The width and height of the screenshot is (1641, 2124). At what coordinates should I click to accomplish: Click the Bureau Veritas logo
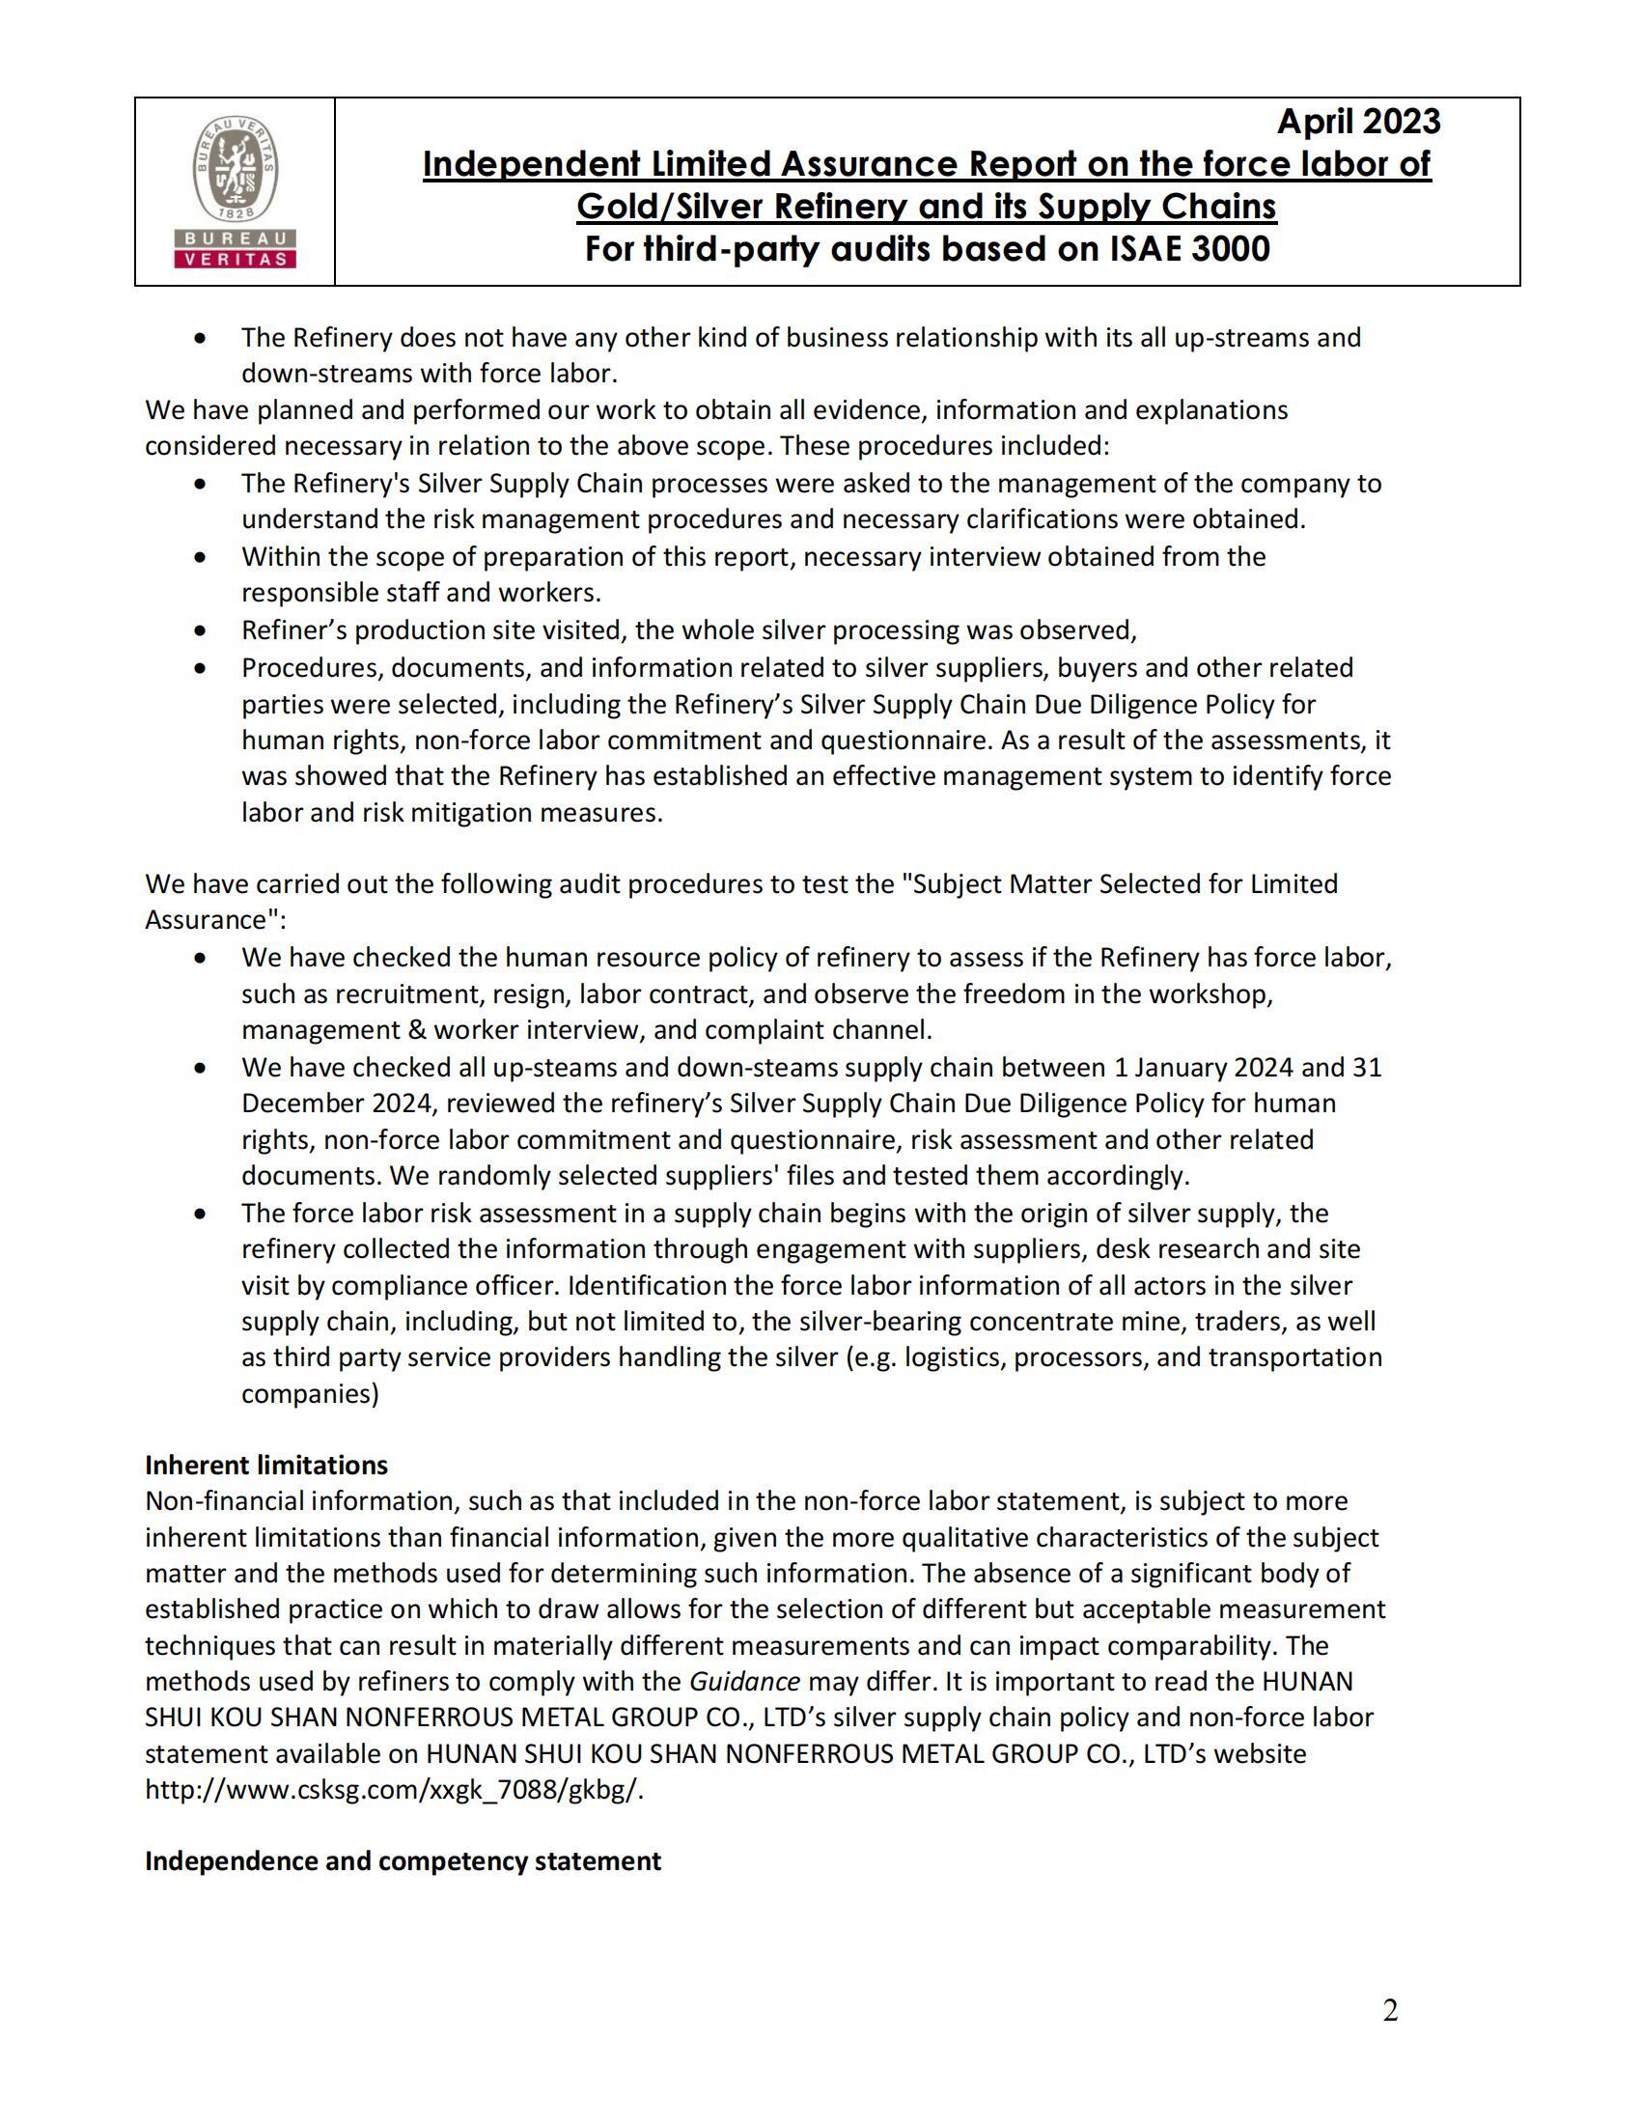pos(234,191)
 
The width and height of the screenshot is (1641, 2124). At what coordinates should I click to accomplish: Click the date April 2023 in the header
pos(1358,122)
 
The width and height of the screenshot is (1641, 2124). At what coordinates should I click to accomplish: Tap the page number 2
pos(1390,2010)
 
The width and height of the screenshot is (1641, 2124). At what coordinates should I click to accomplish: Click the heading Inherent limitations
pos(266,1465)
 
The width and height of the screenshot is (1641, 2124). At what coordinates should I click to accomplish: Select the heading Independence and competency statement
pos(403,1860)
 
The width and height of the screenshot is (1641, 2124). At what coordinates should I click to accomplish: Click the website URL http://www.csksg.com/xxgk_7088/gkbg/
pos(394,1789)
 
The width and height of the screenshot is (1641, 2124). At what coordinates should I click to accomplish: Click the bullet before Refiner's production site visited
pos(200,630)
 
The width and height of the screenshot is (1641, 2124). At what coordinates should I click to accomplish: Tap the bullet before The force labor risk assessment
pos(200,1213)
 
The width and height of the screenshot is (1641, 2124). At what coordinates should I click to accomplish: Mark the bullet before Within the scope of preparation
pos(200,557)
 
